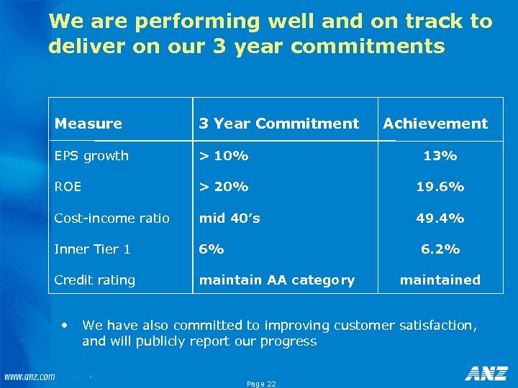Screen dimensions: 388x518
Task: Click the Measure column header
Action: pyautogui.click(x=88, y=124)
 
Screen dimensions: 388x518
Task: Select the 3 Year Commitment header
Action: pyautogui.click(x=278, y=124)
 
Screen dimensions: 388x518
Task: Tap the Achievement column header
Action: pyautogui.click(x=435, y=124)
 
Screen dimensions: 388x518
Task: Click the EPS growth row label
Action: pyautogui.click(x=91, y=156)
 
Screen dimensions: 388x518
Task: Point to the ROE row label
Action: pyautogui.click(x=68, y=187)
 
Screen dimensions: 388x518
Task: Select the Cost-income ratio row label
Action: pyautogui.click(x=112, y=218)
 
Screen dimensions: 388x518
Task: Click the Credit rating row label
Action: pyautogui.click(x=95, y=280)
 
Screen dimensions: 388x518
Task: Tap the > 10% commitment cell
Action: pyautogui.click(x=224, y=156)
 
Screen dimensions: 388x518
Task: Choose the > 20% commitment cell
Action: pyautogui.click(x=224, y=187)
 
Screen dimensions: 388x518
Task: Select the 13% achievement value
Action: pyautogui.click(x=440, y=156)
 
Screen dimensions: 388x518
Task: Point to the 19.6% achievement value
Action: pyautogui.click(x=440, y=187)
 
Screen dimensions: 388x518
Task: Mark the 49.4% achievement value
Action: pyautogui.click(x=440, y=218)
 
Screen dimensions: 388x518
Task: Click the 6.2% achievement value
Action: pyautogui.click(x=440, y=249)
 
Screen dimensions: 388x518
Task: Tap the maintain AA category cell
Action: pyautogui.click(x=277, y=280)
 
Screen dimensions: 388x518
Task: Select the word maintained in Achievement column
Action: pyautogui.click(x=440, y=280)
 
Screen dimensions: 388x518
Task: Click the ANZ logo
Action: pyautogui.click(x=486, y=374)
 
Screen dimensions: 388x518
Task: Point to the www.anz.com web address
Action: pyautogui.click(x=29, y=377)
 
